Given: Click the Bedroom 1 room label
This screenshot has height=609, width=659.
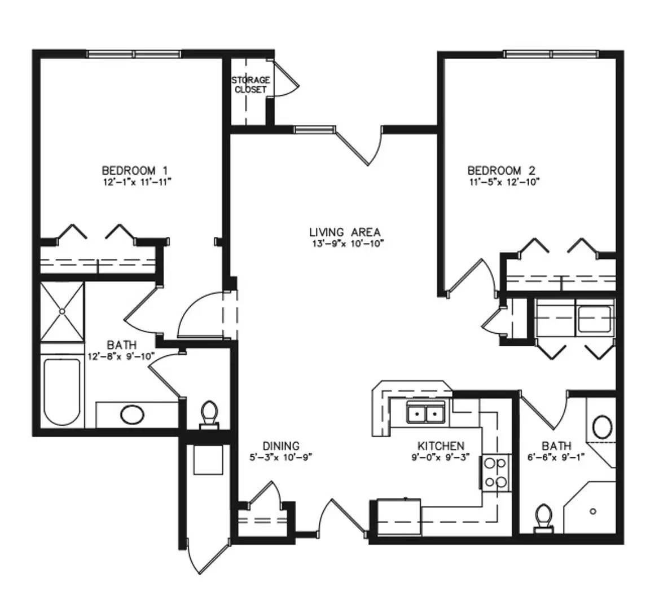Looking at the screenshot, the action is tap(135, 170).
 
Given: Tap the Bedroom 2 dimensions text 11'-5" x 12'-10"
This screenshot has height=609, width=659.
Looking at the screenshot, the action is tap(504, 182).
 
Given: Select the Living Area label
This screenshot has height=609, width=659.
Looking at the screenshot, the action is tap(345, 232).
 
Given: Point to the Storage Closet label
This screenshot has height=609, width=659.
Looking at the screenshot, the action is tap(251, 85).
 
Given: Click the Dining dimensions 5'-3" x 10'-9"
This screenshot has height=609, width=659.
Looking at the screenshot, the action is tap(281, 457).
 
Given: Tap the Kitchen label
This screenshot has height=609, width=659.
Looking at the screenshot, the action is tap(441, 445).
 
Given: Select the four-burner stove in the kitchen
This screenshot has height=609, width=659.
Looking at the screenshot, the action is tap(495, 473).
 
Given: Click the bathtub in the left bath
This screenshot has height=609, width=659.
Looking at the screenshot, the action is tap(62, 391).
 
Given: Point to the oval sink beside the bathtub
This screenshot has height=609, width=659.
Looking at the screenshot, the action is tap(133, 414).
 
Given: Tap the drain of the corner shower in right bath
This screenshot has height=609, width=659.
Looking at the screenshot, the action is tap(593, 511).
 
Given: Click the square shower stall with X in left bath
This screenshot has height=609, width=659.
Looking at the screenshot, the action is tap(62, 311).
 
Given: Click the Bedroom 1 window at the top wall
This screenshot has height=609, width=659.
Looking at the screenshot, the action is tap(134, 54).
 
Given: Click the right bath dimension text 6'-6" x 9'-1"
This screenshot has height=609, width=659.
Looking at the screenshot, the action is tap(556, 457).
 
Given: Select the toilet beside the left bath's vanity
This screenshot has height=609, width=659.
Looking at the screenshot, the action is tap(209, 415).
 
